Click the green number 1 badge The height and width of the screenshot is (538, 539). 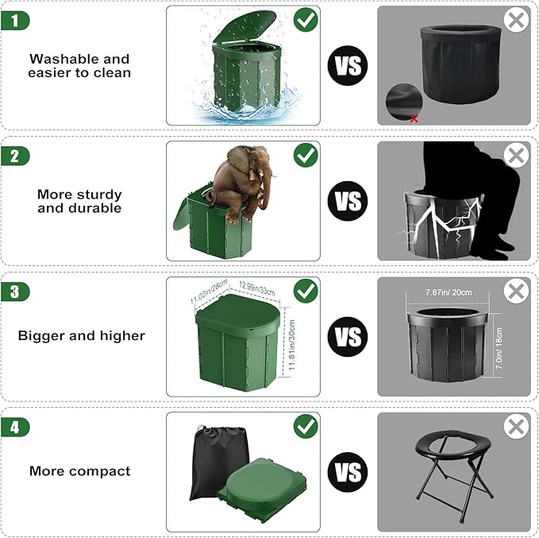coord(15,21)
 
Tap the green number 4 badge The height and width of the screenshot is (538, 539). coord(15,428)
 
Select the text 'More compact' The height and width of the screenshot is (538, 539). coord(79,471)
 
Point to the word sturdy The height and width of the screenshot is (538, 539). coord(100,195)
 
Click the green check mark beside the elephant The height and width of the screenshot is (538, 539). coord(306,155)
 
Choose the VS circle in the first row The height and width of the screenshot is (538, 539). coord(348,65)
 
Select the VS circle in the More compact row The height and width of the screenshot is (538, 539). coord(348,472)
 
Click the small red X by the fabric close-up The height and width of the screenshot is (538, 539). coord(414,118)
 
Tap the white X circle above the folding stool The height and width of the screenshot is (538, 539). coord(516,427)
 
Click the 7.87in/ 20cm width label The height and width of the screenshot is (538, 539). coord(449,292)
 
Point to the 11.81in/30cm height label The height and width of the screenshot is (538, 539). coord(292,345)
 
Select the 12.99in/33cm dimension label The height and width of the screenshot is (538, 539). coord(257,288)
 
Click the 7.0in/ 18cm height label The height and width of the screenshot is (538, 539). coord(499,348)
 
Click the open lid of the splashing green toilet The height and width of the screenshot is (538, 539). coord(244,26)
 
